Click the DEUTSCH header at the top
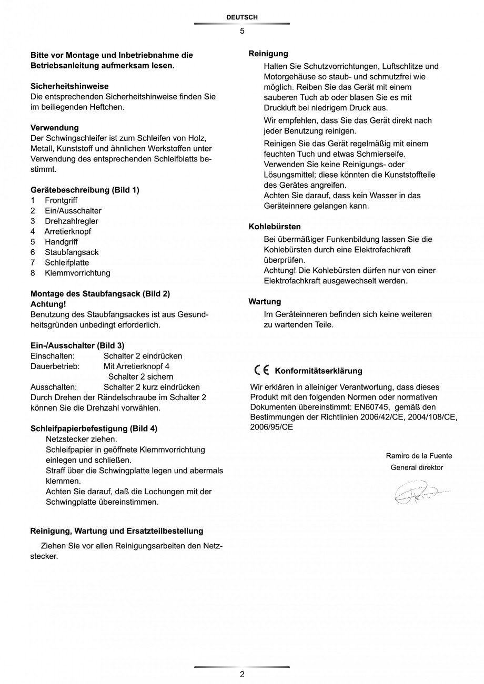(x=241, y=17)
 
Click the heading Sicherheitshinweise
(x=69, y=86)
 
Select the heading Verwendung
(x=55, y=128)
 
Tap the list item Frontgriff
(x=61, y=200)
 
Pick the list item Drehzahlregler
(x=71, y=221)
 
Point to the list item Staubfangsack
(x=72, y=252)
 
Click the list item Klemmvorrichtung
(x=77, y=273)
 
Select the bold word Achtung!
(x=48, y=304)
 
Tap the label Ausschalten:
(x=54, y=387)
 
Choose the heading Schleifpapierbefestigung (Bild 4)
(x=94, y=428)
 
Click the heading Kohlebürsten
(x=275, y=227)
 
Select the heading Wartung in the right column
(x=265, y=302)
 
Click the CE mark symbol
(x=261, y=370)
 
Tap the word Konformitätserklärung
(x=318, y=371)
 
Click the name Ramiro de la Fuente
(x=419, y=456)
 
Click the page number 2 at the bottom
(x=242, y=675)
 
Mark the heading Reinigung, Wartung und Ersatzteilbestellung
(x=117, y=531)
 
